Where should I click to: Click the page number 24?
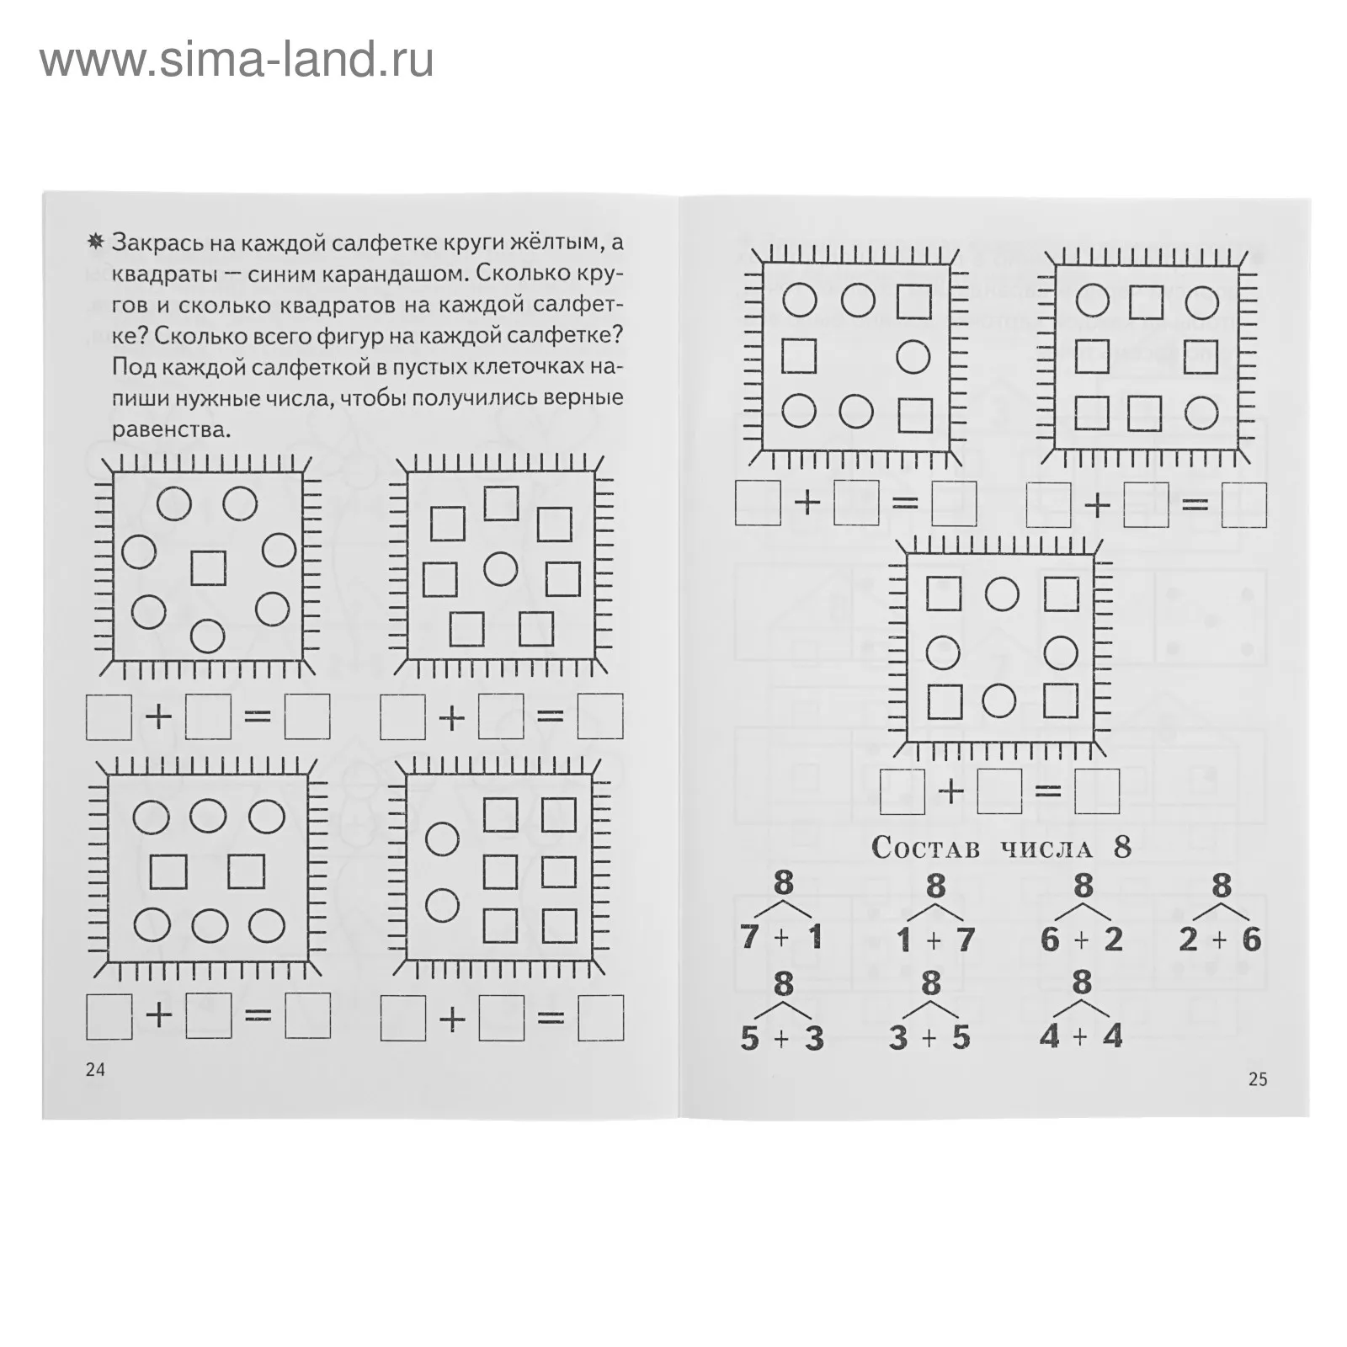[95, 1069]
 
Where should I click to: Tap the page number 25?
[1257, 1079]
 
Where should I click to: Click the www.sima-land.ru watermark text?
[237, 60]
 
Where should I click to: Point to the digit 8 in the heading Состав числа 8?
[1122, 847]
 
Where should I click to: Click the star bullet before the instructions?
[96, 242]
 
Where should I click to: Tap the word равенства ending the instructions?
[171, 429]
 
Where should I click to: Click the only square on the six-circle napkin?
[208, 567]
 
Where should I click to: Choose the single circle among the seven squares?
[501, 569]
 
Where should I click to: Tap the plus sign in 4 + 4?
[1081, 1036]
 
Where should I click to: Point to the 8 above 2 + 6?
[1221, 886]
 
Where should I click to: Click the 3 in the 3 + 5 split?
[898, 1038]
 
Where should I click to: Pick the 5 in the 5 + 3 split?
[749, 1038]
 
